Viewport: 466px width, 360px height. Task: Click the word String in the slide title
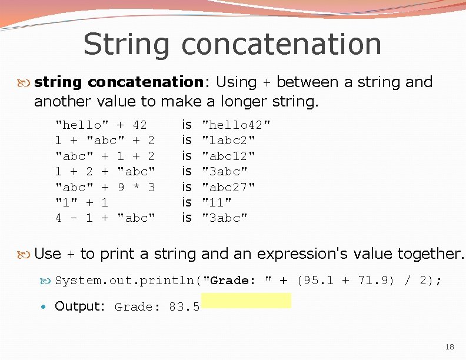click(x=126, y=45)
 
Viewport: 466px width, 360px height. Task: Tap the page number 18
click(x=449, y=347)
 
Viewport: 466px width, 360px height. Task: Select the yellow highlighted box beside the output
click(x=246, y=301)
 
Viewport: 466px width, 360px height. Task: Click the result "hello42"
click(x=236, y=125)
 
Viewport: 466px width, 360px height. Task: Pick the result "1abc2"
click(x=228, y=140)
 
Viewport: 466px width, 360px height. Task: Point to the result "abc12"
click(x=228, y=156)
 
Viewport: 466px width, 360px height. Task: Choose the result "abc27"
click(x=228, y=187)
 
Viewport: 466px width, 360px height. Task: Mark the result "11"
click(x=217, y=202)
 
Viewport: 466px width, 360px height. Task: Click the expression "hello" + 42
click(x=101, y=125)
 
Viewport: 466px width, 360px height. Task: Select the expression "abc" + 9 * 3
click(x=105, y=187)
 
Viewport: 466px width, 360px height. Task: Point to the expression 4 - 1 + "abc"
click(x=105, y=218)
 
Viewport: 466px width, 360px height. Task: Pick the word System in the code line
click(x=74, y=281)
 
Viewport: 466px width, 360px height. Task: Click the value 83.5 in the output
click(x=184, y=306)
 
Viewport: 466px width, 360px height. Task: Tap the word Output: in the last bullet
click(x=79, y=306)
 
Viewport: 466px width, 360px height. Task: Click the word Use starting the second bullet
click(x=48, y=254)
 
